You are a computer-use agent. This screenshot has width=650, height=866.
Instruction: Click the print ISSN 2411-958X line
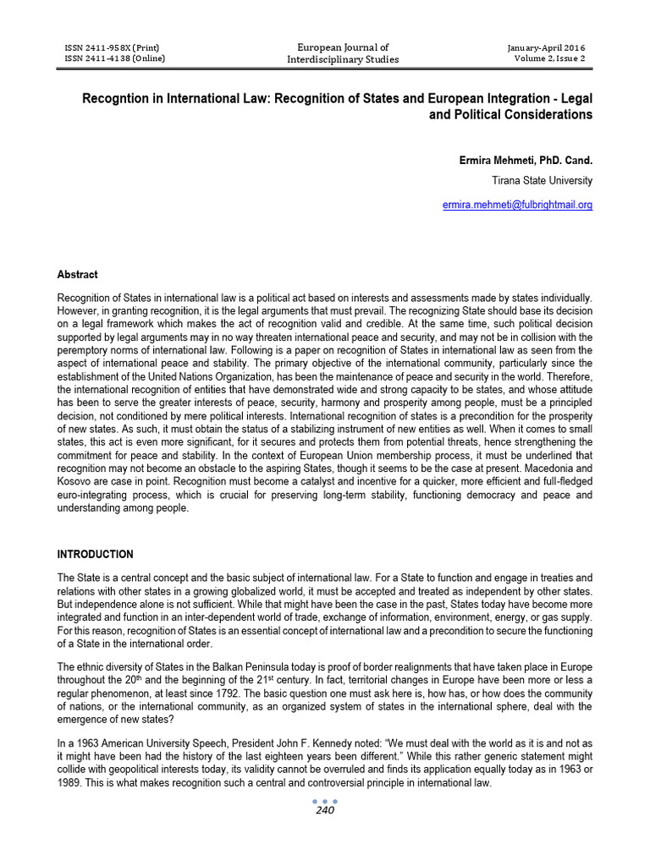(x=112, y=47)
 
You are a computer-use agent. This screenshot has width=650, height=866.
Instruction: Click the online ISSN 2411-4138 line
(x=114, y=58)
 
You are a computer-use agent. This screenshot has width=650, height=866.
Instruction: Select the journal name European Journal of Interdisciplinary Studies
(x=343, y=53)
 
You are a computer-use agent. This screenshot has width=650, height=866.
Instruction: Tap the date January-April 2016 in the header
(x=547, y=47)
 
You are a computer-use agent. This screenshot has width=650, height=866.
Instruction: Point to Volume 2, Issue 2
(x=549, y=58)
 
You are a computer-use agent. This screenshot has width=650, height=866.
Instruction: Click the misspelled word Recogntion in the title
(x=114, y=98)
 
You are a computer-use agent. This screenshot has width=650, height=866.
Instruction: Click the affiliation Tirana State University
(x=543, y=180)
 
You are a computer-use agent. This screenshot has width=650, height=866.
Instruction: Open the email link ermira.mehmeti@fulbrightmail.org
(x=518, y=205)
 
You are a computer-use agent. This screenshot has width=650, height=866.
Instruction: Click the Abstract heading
(x=77, y=275)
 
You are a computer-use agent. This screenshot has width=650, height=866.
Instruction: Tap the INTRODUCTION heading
(x=95, y=554)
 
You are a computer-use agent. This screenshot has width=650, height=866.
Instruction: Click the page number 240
(x=325, y=810)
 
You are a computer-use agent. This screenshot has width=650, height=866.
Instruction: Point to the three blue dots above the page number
(x=325, y=799)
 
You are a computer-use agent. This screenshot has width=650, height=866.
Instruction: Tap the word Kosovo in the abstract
(x=73, y=482)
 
